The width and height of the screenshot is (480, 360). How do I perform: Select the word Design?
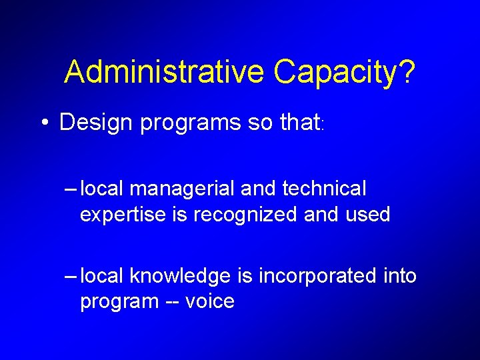coord(97,122)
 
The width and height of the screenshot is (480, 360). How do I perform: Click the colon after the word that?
coord(323,124)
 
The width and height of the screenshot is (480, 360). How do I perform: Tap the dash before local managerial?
coord(70,189)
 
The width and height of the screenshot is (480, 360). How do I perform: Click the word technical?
coord(324,189)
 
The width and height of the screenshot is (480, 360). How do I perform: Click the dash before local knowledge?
coord(70,276)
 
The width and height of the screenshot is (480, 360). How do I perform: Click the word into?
coord(399,275)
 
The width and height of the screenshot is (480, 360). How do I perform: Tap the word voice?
coord(210,301)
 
